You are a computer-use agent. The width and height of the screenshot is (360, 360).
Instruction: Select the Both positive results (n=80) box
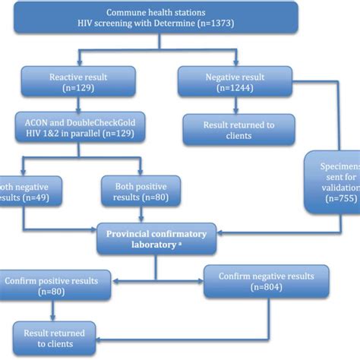[x=131, y=192]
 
